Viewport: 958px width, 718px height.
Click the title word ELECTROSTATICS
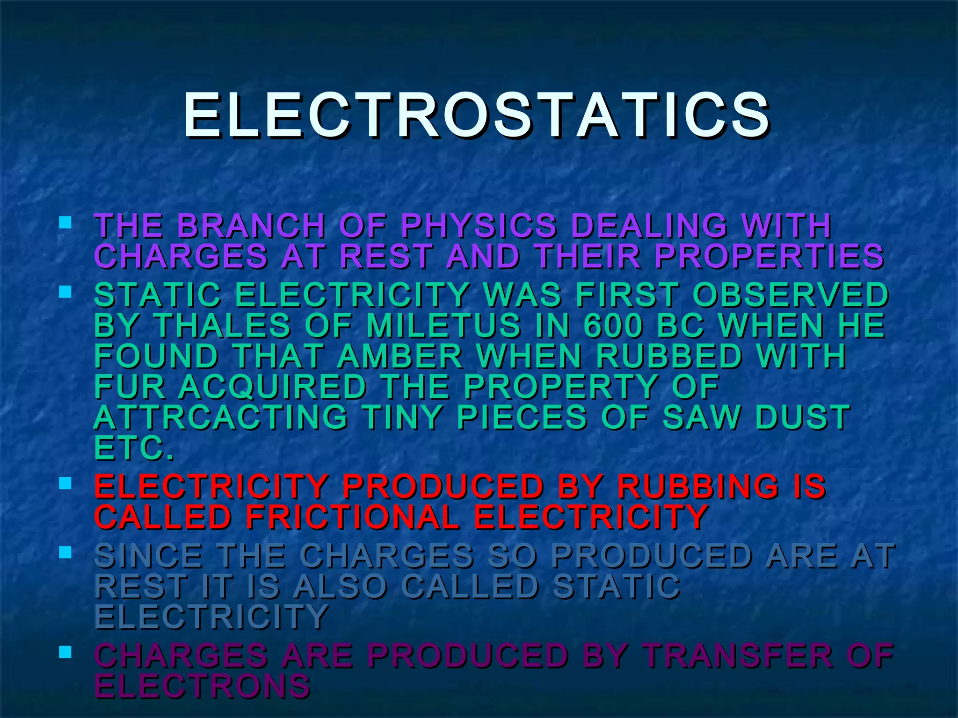coord(476,115)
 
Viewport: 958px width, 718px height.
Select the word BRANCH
coord(251,226)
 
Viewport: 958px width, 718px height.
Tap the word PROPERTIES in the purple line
coord(769,257)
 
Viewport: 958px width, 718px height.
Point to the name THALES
coord(223,325)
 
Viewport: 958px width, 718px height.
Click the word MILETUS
coord(443,325)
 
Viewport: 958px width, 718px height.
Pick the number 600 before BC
coord(613,325)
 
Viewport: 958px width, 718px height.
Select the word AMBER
coord(399,356)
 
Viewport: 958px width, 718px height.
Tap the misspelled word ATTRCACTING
coord(221,417)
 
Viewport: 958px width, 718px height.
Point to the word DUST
coord(803,417)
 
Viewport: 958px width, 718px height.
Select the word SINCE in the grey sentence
coord(148,556)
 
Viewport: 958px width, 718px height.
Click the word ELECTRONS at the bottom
coord(202,686)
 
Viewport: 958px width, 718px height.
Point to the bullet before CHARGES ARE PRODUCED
coord(65,652)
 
